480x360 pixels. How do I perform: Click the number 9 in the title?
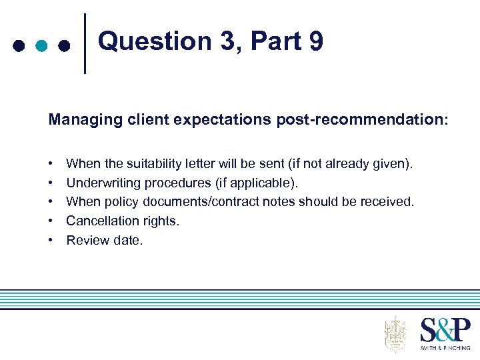315,41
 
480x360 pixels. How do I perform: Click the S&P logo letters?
445,331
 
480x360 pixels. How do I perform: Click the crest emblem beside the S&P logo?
395,334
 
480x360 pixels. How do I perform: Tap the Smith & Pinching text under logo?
445,347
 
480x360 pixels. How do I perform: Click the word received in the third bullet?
389,201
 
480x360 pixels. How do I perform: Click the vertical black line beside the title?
86,43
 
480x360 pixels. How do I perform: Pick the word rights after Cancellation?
160,221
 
